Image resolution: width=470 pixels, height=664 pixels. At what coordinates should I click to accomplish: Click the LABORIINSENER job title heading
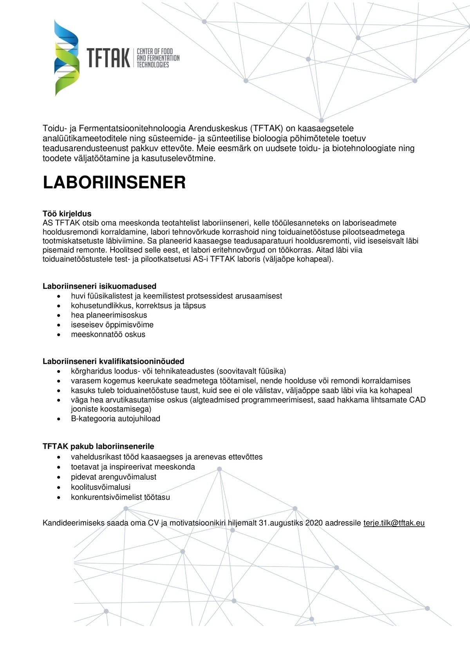[114, 183]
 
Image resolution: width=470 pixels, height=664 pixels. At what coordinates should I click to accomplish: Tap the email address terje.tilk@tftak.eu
[394, 523]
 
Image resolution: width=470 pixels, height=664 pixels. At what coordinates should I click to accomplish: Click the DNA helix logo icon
[67, 58]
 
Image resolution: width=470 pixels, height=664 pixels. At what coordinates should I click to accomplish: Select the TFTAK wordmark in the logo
[108, 58]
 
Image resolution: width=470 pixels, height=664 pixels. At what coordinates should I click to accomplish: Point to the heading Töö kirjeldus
[67, 214]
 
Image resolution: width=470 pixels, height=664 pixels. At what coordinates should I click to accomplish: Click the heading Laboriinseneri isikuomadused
[99, 286]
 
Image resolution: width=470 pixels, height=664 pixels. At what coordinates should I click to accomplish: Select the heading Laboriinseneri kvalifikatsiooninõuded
[113, 361]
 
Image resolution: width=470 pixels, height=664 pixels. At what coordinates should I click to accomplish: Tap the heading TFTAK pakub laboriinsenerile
[98, 446]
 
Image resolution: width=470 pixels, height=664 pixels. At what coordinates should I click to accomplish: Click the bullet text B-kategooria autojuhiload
[116, 419]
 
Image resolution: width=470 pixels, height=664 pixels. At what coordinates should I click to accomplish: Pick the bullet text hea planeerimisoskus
[109, 315]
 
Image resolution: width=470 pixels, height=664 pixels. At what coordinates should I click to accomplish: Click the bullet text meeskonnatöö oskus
[108, 335]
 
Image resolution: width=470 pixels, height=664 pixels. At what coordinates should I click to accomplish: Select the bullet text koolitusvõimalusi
[101, 487]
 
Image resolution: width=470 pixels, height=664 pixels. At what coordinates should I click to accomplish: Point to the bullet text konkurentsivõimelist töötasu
[120, 497]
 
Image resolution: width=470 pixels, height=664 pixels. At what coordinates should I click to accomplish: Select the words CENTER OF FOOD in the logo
[154, 51]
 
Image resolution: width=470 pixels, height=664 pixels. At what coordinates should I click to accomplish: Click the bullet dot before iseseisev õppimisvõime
[59, 325]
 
